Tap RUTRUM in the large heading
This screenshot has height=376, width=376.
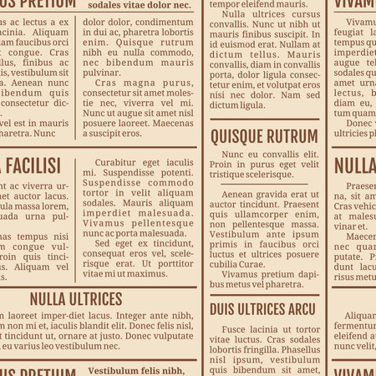pyautogui.click(x=292, y=136)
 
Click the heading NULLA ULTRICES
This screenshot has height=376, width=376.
pyautogui.click(x=76, y=298)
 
